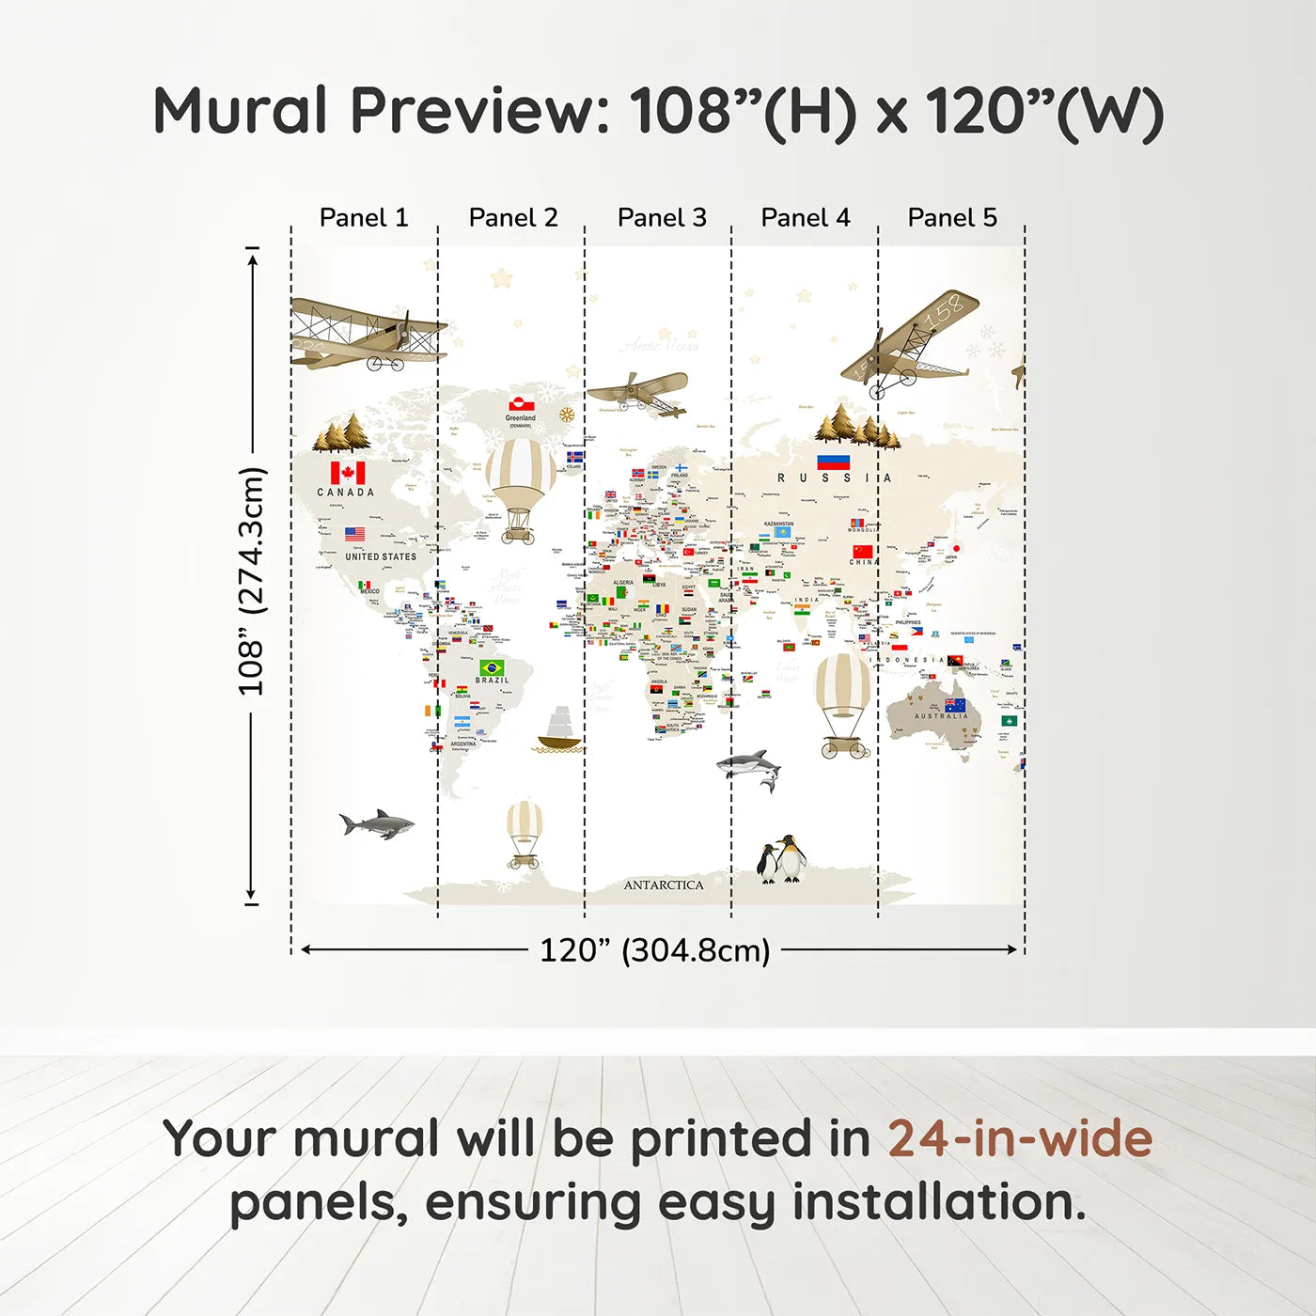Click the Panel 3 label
coord(662,217)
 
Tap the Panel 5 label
coord(951,217)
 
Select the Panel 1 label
coord(364,217)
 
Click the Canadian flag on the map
coord(347,473)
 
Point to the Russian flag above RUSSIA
coord(833,462)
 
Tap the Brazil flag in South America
coord(492,667)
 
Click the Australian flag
coord(955,705)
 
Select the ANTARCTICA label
coord(664,885)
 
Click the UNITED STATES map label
coord(380,556)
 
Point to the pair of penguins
coord(782,859)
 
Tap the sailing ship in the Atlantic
coord(558,730)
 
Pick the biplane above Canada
coord(367,335)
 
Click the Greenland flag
coord(521,404)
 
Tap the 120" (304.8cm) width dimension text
coord(654,950)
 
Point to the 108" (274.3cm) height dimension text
coord(251,581)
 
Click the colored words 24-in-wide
coord(1020,1138)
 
